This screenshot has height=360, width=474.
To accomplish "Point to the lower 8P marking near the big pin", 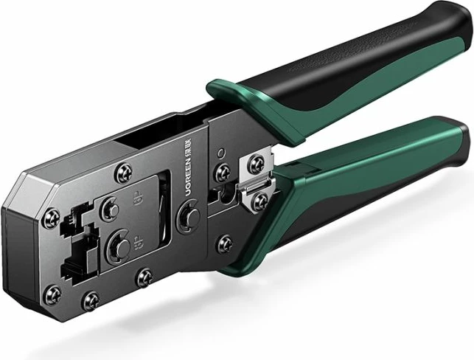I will pos(135,240).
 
